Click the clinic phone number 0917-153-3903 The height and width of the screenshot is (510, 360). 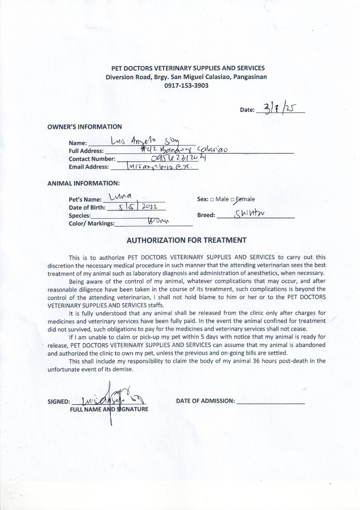coord(186,86)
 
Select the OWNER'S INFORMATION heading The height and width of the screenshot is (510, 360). coord(85,127)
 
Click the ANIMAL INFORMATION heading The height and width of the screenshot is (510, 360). coord(84,183)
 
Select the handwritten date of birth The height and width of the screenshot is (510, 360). coord(140,207)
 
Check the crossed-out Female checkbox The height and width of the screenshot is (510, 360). coord(232,200)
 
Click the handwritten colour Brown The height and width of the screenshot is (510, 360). coord(158,221)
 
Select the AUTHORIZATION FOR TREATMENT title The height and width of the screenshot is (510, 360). coord(186,240)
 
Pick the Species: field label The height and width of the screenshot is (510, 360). coord(80,216)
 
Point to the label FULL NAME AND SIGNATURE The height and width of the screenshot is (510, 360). coord(109,409)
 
